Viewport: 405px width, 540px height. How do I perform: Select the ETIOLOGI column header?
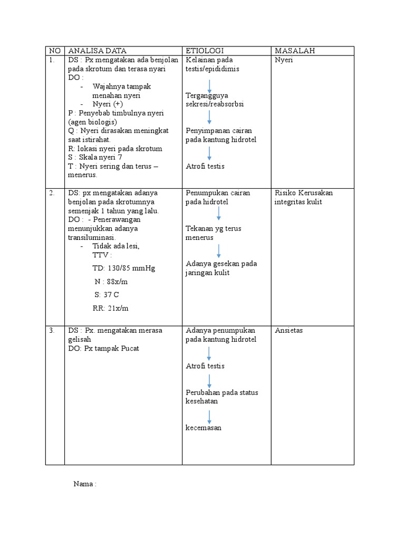[205, 51]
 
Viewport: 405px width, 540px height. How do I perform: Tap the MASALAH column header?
[295, 51]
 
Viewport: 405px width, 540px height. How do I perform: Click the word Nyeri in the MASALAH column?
[284, 60]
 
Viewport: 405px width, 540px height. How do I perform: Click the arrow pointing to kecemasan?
[210, 417]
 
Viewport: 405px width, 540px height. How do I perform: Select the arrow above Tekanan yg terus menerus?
[218, 214]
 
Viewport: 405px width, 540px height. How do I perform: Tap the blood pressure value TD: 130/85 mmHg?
[123, 268]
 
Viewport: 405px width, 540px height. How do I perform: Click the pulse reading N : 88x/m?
[111, 282]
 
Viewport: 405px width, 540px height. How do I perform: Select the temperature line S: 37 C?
[107, 295]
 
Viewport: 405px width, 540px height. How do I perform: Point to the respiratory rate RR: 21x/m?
[110, 308]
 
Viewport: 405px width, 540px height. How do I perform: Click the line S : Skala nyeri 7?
[95, 157]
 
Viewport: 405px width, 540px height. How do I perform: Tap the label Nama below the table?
[85, 484]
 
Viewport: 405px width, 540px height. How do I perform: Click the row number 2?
[52, 193]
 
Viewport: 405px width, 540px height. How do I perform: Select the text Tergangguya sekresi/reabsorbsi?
[215, 100]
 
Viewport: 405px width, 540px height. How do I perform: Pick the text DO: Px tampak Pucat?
[103, 349]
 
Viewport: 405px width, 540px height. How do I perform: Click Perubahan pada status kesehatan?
[222, 397]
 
